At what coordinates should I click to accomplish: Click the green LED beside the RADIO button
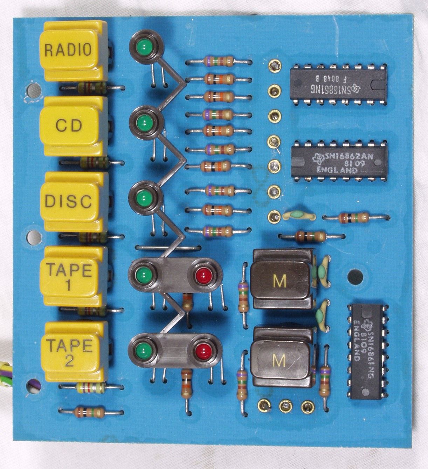click(144, 48)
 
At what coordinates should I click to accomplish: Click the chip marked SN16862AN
click(339, 161)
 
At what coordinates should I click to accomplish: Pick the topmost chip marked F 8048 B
click(338, 84)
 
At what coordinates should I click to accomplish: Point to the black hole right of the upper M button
click(355, 277)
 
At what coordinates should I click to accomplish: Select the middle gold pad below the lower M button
click(286, 406)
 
